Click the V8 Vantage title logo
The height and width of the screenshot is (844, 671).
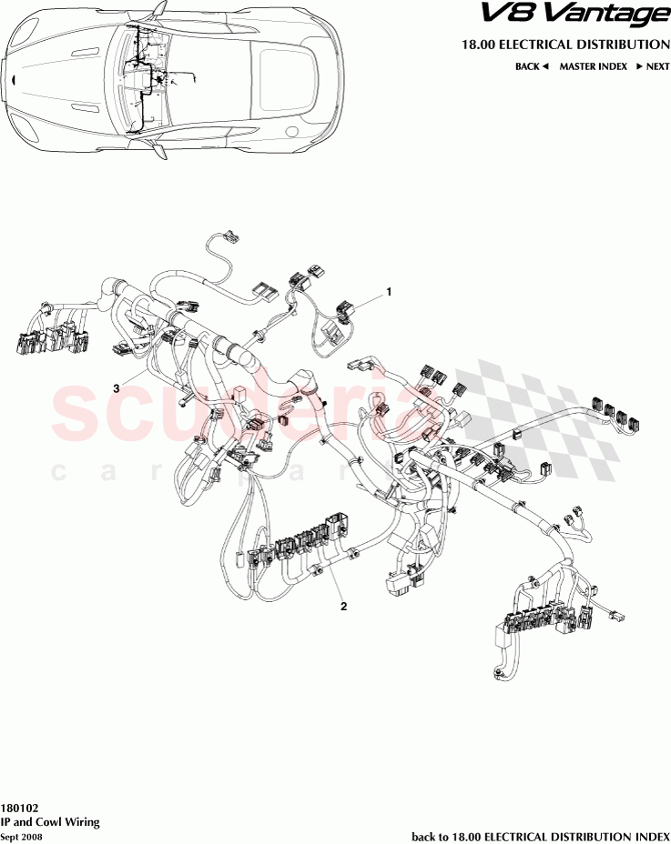[585, 15]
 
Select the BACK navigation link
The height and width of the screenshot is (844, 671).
[527, 66]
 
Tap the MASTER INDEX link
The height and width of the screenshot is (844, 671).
[593, 66]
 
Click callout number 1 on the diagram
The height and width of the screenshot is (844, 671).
[389, 292]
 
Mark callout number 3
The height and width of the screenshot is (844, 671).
[117, 388]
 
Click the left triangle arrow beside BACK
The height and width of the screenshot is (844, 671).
[545, 66]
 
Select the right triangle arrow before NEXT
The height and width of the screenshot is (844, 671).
[640, 66]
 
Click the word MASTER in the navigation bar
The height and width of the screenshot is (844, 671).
[578, 66]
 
